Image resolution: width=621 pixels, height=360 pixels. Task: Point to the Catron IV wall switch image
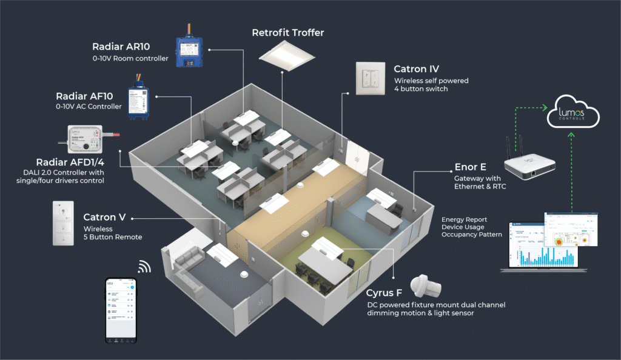tap(372, 78)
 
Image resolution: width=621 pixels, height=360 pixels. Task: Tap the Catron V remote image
tap(64, 222)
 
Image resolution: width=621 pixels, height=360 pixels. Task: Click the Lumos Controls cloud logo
tap(572, 114)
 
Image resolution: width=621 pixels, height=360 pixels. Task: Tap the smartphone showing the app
tap(121, 310)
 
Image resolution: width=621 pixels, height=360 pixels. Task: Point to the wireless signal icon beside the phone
tap(144, 266)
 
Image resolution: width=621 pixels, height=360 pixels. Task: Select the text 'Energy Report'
tap(464, 219)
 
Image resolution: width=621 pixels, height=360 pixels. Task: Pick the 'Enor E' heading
tap(471, 167)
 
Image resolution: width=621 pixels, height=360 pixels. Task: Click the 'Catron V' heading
tap(104, 217)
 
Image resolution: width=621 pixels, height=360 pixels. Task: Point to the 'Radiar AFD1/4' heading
tap(72, 162)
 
